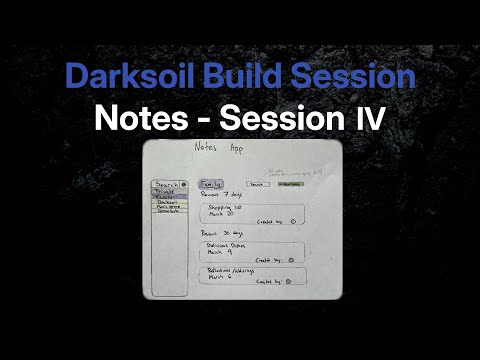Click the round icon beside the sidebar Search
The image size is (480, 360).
click(x=184, y=185)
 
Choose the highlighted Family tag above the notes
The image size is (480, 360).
click(x=212, y=184)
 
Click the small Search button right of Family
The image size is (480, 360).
click(x=257, y=184)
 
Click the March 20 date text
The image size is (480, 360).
click(x=221, y=214)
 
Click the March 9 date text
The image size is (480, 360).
click(x=218, y=252)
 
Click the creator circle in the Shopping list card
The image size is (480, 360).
click(x=292, y=222)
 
